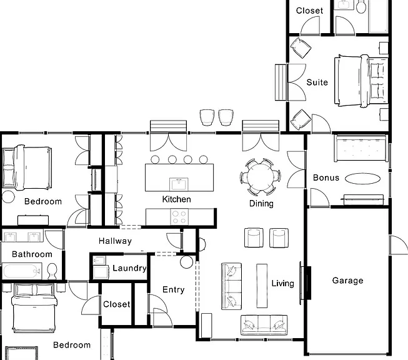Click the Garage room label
(x=347, y=281)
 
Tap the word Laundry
(x=129, y=268)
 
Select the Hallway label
(x=115, y=241)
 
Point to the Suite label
(x=317, y=82)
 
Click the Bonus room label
(x=326, y=177)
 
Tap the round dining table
(x=260, y=177)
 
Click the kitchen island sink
(x=179, y=184)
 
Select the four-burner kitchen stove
(x=179, y=217)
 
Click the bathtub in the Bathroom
(x=22, y=271)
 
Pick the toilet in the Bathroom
(x=52, y=271)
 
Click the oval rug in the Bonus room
(x=362, y=179)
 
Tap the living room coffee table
(x=262, y=286)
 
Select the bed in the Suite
(x=361, y=81)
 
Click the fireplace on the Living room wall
(x=306, y=283)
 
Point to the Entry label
(x=173, y=290)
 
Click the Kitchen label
(x=176, y=199)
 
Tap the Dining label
(x=261, y=204)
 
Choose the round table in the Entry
(x=187, y=262)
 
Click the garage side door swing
(x=399, y=245)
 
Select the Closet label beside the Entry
(x=117, y=304)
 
